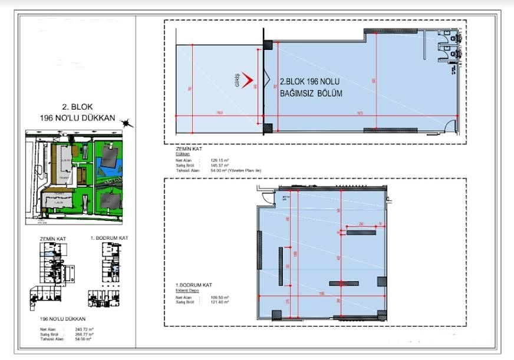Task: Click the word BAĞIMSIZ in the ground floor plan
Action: coord(298,94)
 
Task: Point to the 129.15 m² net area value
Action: coord(212,159)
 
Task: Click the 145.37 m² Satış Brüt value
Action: coord(212,165)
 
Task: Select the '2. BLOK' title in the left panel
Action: coord(74,107)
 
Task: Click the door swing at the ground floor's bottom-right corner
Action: coord(453,125)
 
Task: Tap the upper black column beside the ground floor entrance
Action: coord(267,45)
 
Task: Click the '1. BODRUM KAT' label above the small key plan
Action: coord(109,237)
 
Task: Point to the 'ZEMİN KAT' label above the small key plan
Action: coord(53,238)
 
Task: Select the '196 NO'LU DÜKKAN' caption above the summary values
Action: coord(58,318)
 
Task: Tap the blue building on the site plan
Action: coord(110,157)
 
